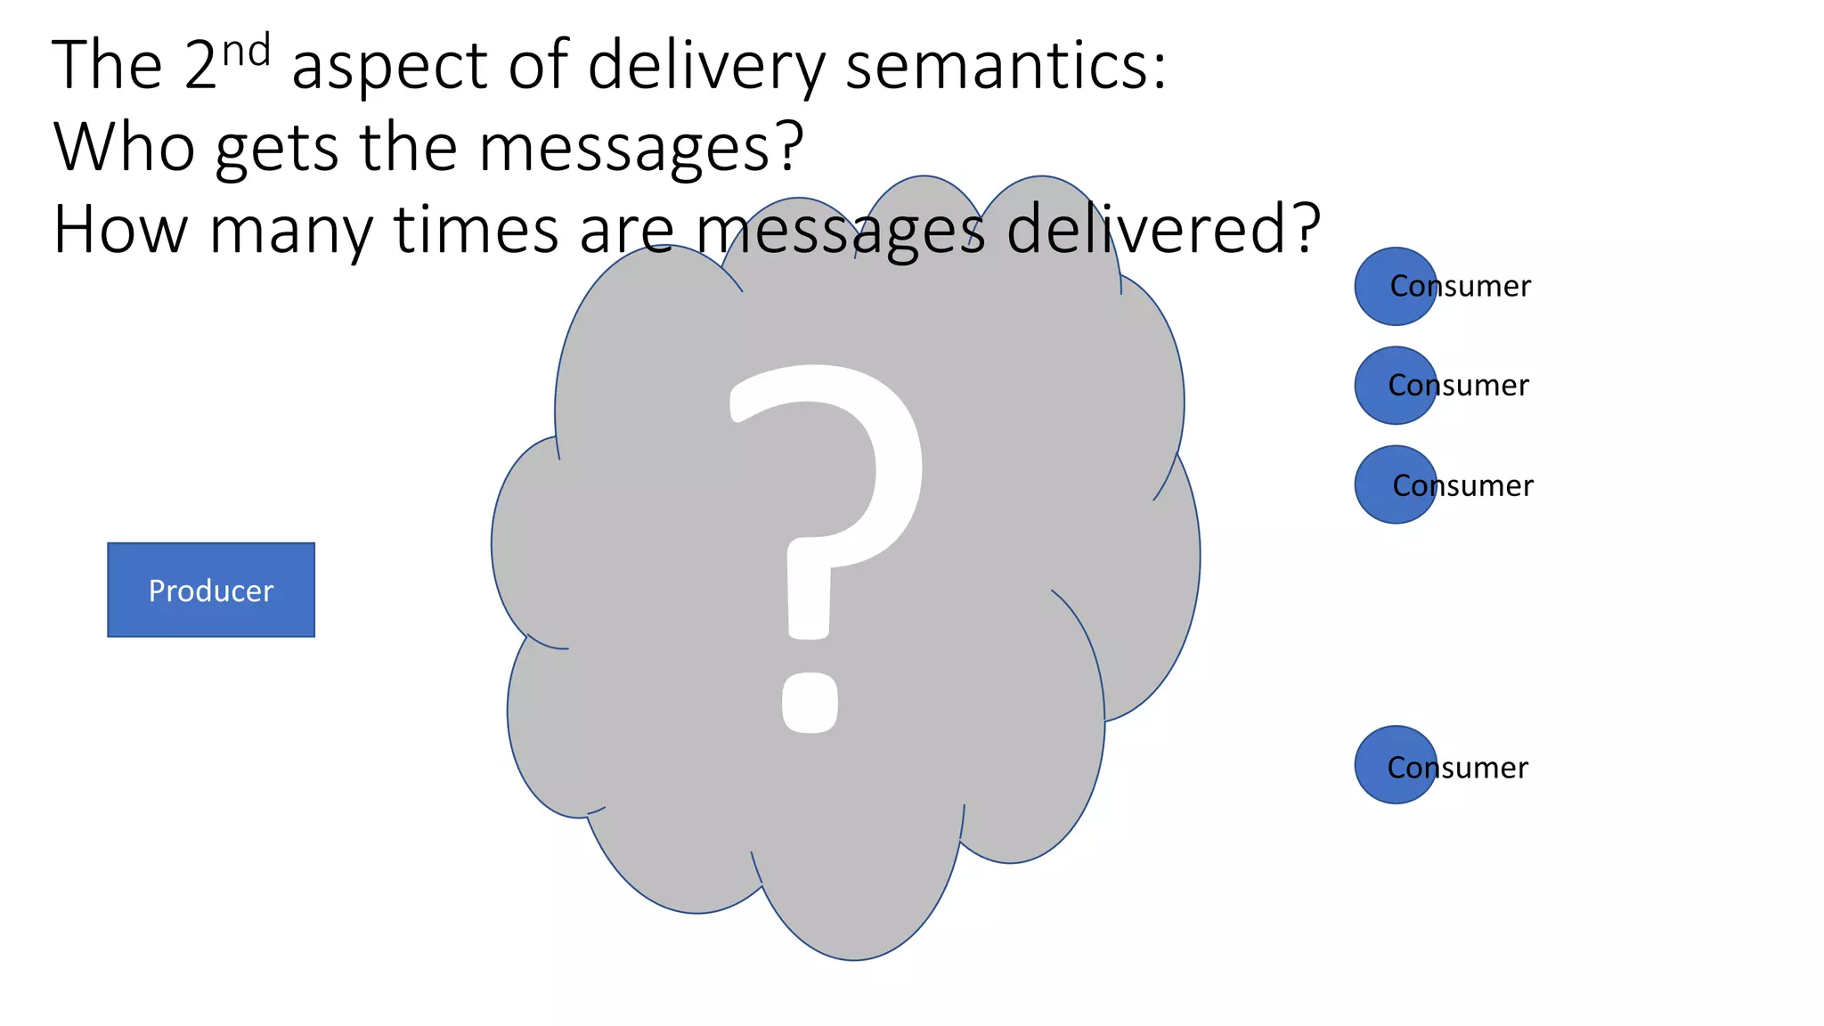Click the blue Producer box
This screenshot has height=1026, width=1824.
211,590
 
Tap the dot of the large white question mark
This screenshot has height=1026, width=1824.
810,702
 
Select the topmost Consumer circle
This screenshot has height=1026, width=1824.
1396,286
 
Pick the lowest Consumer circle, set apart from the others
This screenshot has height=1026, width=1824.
1396,765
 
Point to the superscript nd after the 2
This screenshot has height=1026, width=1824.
246,52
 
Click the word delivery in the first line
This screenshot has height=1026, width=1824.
706,66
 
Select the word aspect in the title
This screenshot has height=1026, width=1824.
390,68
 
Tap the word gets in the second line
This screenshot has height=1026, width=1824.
277,149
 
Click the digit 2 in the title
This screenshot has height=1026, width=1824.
201,66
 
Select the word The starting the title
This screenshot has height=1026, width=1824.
108,66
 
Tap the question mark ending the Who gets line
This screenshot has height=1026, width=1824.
789,147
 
